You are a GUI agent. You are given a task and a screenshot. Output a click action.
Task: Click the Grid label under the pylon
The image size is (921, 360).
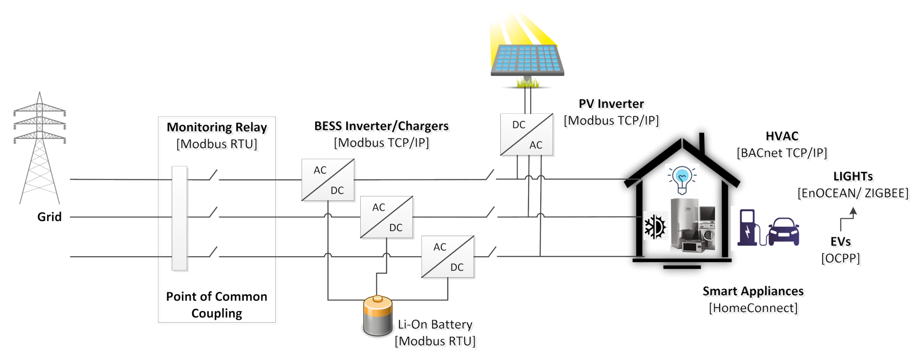pyautogui.click(x=49, y=217)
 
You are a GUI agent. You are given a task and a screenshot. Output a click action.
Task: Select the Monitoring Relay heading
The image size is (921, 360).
pyautogui.click(x=217, y=127)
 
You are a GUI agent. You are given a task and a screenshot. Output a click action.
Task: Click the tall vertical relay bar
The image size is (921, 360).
pyautogui.click(x=179, y=218)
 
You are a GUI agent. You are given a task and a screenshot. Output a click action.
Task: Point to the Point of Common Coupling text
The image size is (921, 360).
pyautogui.click(x=217, y=305)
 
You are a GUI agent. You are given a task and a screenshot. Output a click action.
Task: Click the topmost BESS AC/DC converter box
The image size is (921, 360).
pyautogui.click(x=328, y=180)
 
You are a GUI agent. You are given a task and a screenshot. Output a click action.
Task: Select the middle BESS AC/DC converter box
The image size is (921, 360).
pyautogui.click(x=387, y=217)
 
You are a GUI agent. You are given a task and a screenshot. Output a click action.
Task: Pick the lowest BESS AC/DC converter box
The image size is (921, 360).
pyautogui.click(x=448, y=257)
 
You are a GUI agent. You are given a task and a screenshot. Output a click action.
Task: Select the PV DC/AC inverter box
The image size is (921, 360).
pyautogui.click(x=527, y=135)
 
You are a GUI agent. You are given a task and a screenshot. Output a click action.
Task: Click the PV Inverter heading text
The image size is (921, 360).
pyautogui.click(x=611, y=104)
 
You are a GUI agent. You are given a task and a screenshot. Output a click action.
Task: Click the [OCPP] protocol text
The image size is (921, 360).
pyautogui.click(x=840, y=258)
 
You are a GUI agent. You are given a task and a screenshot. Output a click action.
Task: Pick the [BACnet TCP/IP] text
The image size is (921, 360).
pyautogui.click(x=782, y=153)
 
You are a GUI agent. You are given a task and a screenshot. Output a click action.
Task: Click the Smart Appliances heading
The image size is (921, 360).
pyautogui.click(x=753, y=291)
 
